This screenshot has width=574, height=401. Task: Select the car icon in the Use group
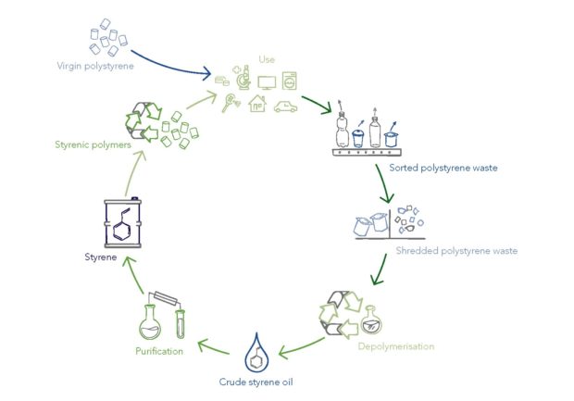[x=286, y=107]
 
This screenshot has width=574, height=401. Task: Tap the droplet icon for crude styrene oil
[x=256, y=352]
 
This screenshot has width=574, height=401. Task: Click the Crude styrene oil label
[x=257, y=382]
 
